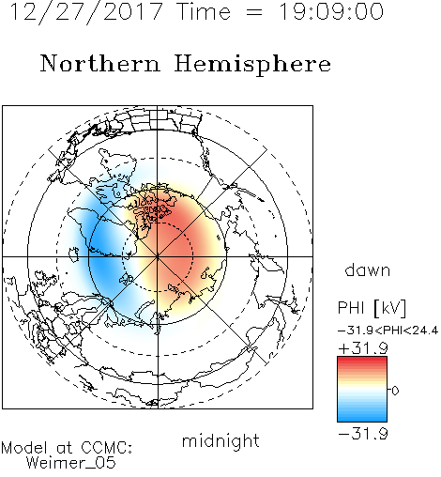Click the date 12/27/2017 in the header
[86, 12]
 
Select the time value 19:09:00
[331, 12]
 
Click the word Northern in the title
[100, 63]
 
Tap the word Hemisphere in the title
[252, 65]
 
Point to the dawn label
[368, 270]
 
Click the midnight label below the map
[220, 441]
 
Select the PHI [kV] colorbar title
[373, 308]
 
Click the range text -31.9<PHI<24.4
[388, 331]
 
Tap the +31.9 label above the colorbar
[363, 348]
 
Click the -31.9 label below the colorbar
[363, 434]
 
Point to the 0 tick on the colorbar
[395, 391]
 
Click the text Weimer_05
[71, 463]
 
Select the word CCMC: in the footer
[107, 448]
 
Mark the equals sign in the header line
[254, 12]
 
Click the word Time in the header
[204, 12]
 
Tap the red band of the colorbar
[362, 364]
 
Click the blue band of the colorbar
[362, 413]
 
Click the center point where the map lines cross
[158, 256]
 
